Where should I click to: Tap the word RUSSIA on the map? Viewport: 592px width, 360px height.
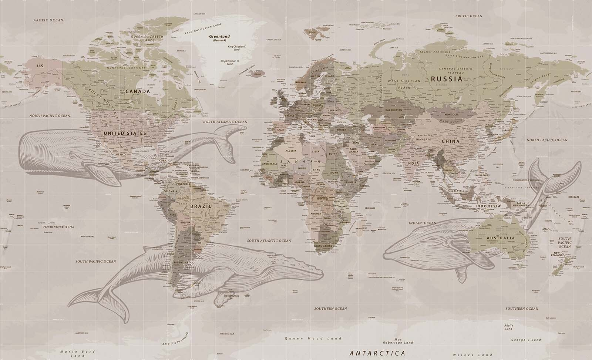[446, 79]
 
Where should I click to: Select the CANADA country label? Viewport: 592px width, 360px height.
[137, 91]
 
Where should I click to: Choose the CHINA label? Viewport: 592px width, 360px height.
[450, 141]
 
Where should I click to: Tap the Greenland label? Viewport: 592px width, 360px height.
[219, 37]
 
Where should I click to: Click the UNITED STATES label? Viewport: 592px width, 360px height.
[125, 133]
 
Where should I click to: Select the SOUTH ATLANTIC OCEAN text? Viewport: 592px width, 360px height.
[269, 241]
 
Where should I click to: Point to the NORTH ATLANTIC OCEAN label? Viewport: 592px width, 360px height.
[225, 122]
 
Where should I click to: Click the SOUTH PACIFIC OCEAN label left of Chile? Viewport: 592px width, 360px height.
[96, 261]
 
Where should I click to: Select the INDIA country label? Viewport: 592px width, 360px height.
[413, 163]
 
